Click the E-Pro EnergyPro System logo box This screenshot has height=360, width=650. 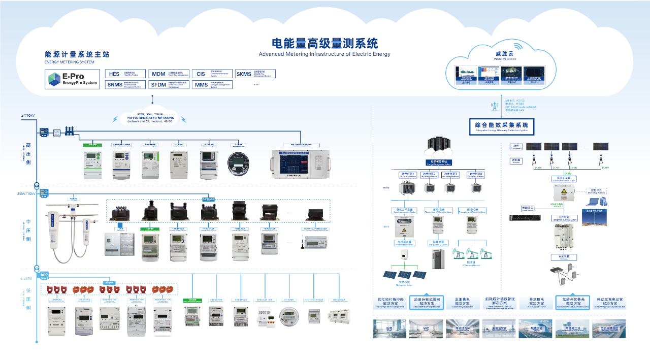72,79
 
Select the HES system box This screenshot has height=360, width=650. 125,74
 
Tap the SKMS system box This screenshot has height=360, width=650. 255,74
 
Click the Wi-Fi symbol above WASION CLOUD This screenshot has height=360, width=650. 516,47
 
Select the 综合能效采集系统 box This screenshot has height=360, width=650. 502,125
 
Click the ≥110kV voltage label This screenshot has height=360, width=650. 27,116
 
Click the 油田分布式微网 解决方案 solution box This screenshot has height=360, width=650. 426,303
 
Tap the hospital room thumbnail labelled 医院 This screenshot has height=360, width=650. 389,328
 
